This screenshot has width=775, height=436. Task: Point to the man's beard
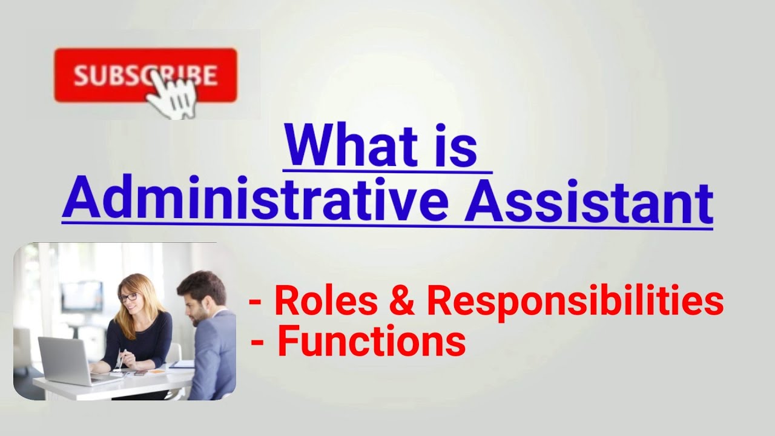coord(198,316)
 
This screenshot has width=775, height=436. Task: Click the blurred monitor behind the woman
coord(82,297)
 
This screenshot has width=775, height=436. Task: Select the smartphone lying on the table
coord(140,373)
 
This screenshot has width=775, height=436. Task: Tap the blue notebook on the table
coord(182,364)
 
